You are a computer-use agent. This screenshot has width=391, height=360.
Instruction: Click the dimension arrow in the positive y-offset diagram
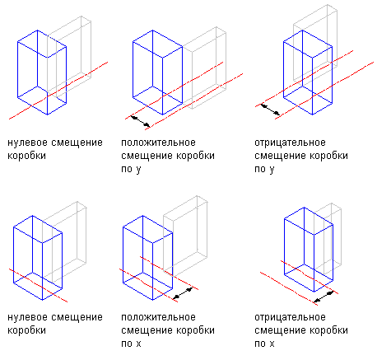140,122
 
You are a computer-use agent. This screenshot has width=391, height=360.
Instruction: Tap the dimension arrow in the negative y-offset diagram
270,109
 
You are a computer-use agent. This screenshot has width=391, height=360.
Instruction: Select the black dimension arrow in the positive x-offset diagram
183,293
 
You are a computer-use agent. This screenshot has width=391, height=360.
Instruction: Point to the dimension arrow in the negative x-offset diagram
324,297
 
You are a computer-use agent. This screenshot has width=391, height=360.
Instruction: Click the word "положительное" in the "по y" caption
158,143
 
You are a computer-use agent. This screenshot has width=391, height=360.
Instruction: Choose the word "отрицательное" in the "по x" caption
290,317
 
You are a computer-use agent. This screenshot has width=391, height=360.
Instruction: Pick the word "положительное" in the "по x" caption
158,317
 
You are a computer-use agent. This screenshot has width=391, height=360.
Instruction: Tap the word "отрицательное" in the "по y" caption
290,143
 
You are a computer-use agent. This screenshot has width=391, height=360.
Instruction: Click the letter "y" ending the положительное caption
138,170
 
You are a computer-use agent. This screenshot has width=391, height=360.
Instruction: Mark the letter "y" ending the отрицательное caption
272,170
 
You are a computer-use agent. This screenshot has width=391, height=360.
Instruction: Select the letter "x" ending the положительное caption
138,344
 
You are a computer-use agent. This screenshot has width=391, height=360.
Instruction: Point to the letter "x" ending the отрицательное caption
272,344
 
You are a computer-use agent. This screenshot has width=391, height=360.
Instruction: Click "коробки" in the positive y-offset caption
195,156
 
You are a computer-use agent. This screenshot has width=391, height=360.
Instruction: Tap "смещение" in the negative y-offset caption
281,156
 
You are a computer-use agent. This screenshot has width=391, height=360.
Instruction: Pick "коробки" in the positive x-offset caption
195,330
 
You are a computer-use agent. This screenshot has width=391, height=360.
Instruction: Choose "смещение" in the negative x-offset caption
281,330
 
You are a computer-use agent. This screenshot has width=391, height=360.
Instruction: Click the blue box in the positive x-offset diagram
123,255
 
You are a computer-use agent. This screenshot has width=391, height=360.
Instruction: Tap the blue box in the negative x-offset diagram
284,247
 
